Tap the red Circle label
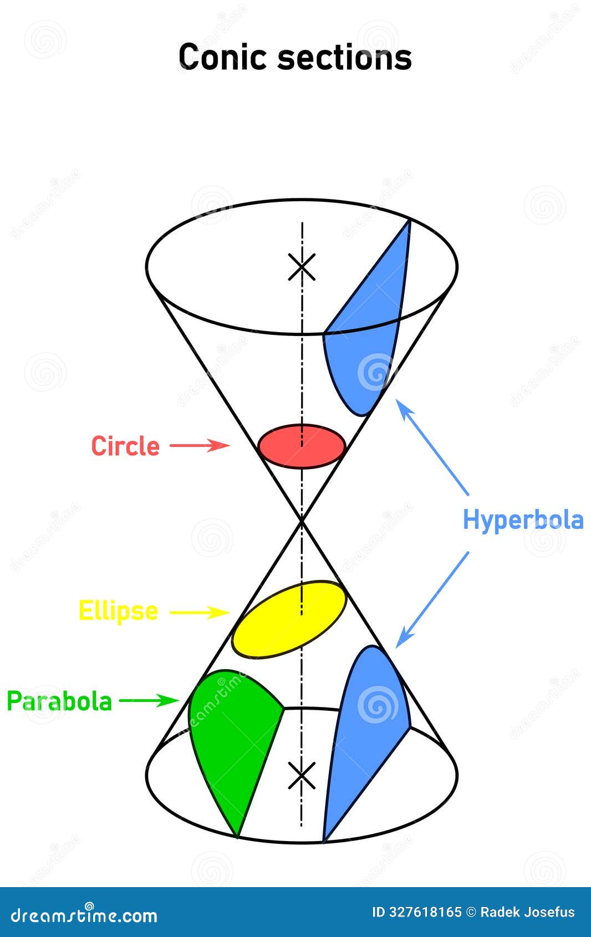125,446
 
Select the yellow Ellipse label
118,611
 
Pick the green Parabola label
59,701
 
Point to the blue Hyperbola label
523,520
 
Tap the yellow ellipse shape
289,619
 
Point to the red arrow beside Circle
200,445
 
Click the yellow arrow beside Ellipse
200,612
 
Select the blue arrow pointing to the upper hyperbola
433,447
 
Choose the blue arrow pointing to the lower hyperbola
432,599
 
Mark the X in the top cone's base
302,267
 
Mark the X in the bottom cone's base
302,775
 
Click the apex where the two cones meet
302,520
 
